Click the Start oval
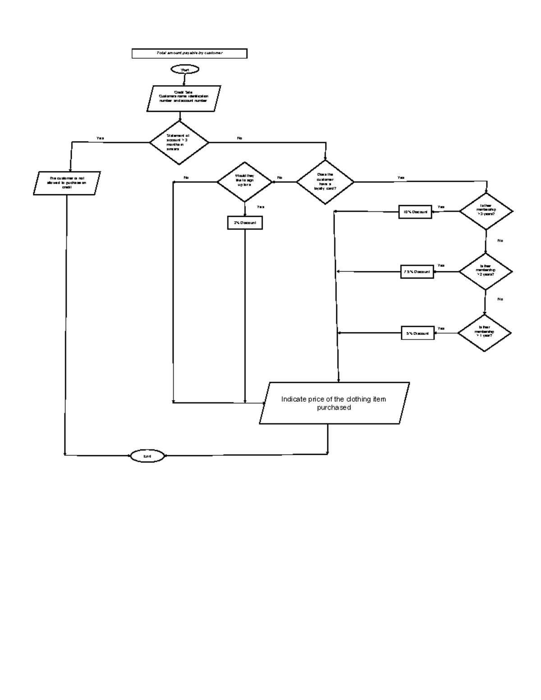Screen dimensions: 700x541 click(184, 70)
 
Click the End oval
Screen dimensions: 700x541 click(147, 456)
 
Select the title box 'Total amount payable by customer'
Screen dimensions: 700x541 click(189, 53)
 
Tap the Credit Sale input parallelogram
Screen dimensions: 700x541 click(183, 98)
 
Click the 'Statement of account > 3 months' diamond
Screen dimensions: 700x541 click(179, 142)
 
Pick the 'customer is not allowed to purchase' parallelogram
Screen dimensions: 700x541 click(67, 183)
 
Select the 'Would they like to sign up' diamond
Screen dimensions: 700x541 click(245, 182)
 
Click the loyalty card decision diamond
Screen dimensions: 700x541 click(325, 182)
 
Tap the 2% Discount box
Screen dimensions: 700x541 click(245, 223)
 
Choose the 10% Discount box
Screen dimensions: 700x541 click(415, 212)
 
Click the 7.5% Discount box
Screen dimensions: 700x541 click(417, 272)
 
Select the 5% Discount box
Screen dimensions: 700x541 click(417, 333)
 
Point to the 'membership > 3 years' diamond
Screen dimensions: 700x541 click(486, 211)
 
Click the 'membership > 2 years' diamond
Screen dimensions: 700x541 click(486, 271)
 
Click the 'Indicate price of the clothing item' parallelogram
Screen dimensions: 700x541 click(334, 403)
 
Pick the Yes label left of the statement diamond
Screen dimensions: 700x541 click(100, 138)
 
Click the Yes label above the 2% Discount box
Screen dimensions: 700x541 click(261, 207)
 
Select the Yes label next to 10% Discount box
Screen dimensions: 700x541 click(441, 207)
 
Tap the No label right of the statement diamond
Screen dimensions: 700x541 click(239, 138)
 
